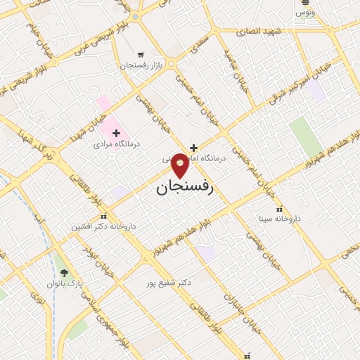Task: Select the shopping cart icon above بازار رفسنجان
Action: pos(141,54)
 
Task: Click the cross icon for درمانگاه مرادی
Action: pos(116,133)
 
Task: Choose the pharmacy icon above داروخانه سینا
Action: pos(280,209)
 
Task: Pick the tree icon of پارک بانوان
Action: pos(65,273)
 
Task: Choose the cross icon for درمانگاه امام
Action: pos(193,148)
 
